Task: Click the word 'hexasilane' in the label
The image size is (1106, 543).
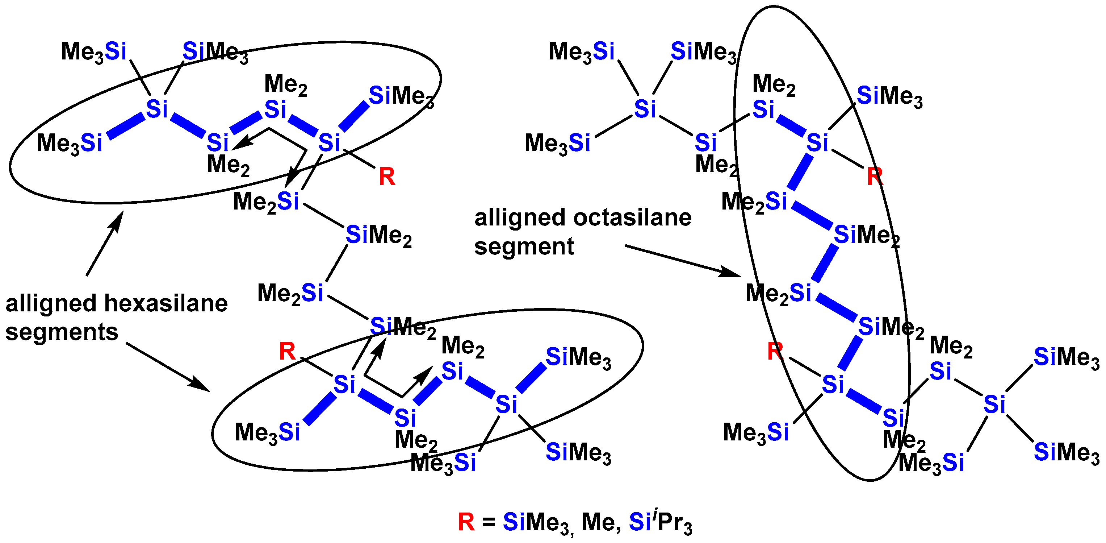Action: (166, 303)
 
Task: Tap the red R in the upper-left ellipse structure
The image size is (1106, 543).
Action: (387, 177)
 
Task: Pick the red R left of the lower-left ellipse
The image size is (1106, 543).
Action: (287, 351)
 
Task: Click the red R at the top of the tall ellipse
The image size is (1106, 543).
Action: (875, 177)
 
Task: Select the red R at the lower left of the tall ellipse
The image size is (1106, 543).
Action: (775, 351)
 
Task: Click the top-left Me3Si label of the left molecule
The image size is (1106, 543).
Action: (94, 52)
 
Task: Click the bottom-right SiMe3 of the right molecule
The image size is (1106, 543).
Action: (1067, 452)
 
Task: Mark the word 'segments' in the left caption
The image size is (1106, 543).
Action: (62, 332)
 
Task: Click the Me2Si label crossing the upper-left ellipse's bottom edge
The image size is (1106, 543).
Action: (266, 202)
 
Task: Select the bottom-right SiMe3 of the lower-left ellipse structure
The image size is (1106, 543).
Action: (578, 452)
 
